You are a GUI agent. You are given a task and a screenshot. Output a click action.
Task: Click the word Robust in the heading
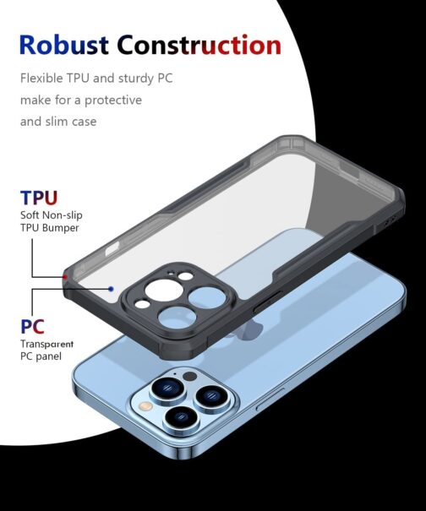(64, 45)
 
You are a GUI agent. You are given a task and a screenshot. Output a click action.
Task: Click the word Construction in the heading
(199, 45)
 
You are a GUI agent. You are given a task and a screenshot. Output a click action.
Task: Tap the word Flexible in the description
(41, 79)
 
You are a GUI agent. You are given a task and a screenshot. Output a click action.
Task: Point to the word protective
(113, 101)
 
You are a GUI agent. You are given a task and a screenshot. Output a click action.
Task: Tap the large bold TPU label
(39, 198)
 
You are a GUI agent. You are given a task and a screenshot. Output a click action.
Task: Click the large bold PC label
(32, 327)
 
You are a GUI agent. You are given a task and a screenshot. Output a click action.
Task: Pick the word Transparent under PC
(46, 344)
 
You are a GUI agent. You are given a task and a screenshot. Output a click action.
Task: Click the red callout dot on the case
(65, 277)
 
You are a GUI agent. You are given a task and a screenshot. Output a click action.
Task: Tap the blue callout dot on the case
(112, 289)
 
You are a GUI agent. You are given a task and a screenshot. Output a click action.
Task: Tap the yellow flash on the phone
(146, 406)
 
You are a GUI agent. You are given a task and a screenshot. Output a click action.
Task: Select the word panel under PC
(48, 356)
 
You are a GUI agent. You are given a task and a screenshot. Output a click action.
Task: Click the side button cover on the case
(265, 302)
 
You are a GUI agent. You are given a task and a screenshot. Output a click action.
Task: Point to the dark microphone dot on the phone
(189, 377)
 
